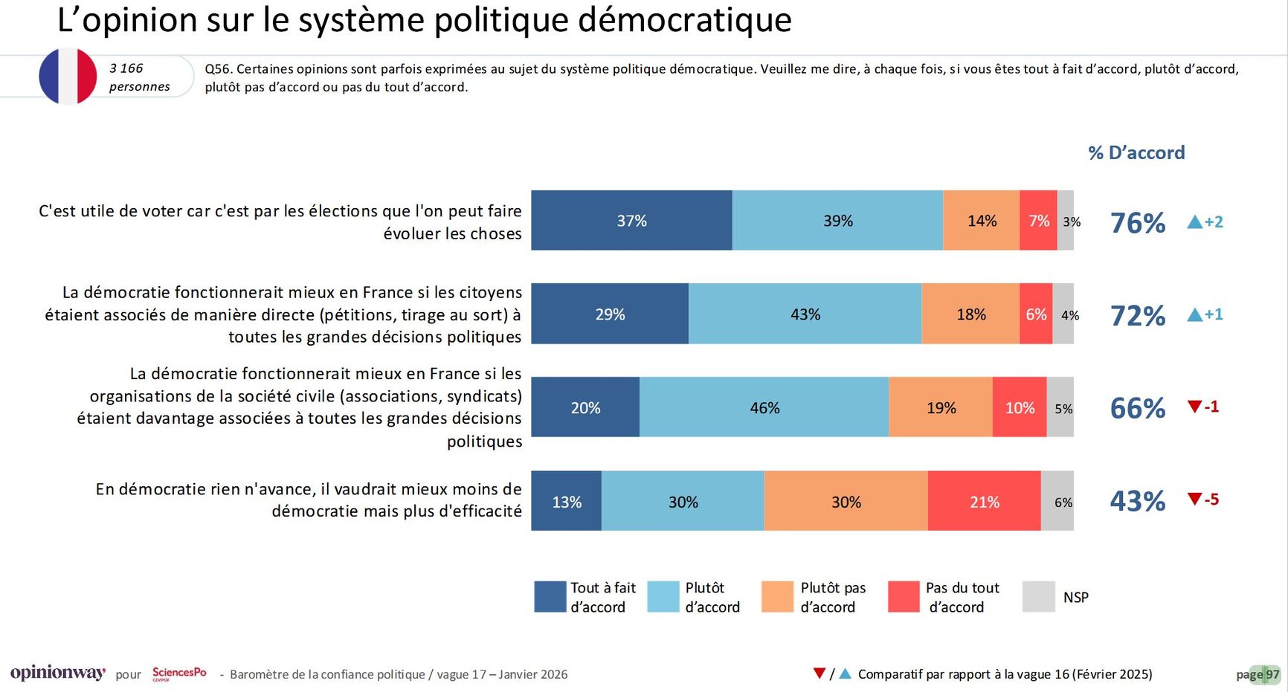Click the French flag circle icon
click(68, 77)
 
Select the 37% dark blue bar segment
click(631, 221)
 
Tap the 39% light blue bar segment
click(837, 221)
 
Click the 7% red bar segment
click(1038, 221)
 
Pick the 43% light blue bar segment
click(805, 314)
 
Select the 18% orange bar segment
click(970, 314)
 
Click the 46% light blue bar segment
click(764, 407)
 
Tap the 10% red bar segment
click(1020, 407)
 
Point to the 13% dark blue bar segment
click(566, 501)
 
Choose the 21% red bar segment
click(984, 501)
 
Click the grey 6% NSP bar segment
click(1057, 501)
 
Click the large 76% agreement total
click(1137, 223)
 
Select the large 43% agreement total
click(1137, 501)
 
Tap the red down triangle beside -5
click(1194, 498)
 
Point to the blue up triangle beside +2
click(1194, 221)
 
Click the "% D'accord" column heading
click(1136, 152)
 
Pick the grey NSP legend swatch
click(1038, 597)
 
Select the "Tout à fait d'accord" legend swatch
click(550, 597)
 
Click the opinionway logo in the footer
click(57, 673)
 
